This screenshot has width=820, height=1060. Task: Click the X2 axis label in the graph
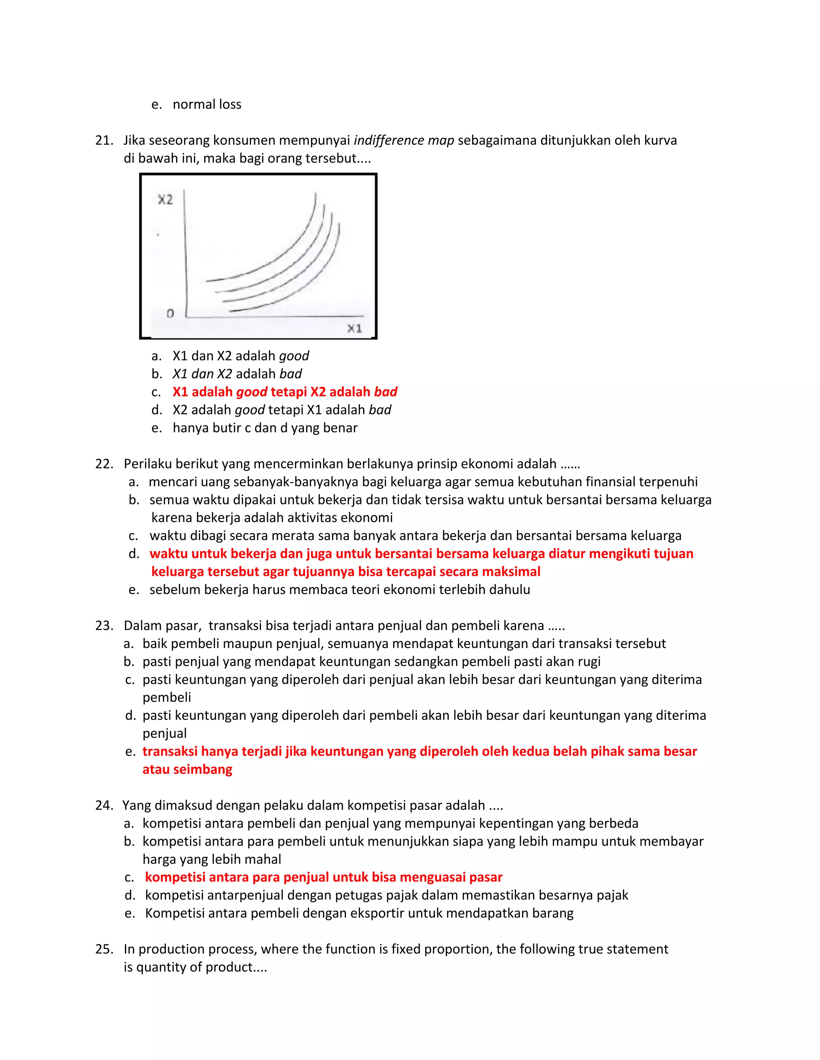click(165, 200)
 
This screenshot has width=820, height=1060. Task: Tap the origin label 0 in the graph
click(170, 314)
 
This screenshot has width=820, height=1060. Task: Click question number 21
click(104, 140)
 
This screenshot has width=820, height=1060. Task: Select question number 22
click(104, 464)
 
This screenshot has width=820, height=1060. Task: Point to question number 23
click(104, 626)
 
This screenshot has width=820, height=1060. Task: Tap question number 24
click(104, 806)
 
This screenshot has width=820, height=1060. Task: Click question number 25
click(104, 949)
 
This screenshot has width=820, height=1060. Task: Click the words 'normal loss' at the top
click(207, 104)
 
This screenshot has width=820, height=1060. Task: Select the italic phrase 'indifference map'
click(404, 140)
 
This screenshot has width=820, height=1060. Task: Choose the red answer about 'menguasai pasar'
click(324, 878)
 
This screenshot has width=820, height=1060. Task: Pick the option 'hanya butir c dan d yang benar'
click(265, 428)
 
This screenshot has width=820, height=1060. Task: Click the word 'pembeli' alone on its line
click(167, 698)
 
